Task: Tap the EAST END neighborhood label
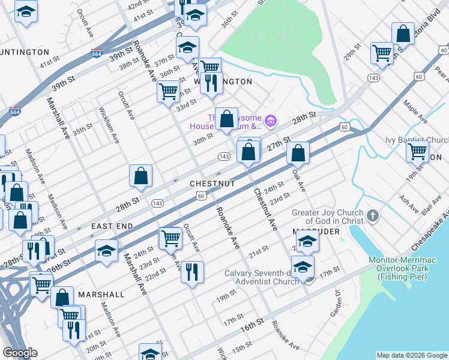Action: point(111,227)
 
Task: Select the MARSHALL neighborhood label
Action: point(101,295)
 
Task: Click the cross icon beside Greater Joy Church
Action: point(372,215)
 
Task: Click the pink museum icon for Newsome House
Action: point(270,122)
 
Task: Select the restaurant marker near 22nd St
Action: point(192,272)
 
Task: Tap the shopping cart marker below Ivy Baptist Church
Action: point(417,151)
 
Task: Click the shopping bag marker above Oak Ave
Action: point(298,153)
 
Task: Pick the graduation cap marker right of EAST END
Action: point(106,250)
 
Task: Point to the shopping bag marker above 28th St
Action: point(140,176)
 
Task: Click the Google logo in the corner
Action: point(19,353)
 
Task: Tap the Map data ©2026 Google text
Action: point(411,355)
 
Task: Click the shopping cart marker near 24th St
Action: point(170,238)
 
